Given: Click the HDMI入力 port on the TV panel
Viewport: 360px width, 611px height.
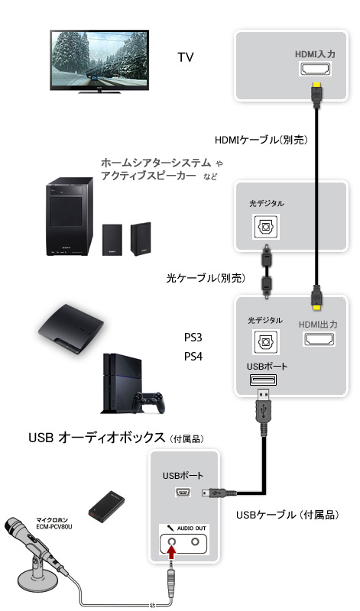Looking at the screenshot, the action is coord(316,70).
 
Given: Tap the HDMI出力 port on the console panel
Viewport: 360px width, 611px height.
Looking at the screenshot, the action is coord(319,339).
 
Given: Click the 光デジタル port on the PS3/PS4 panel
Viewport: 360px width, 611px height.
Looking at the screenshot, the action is coord(267,342).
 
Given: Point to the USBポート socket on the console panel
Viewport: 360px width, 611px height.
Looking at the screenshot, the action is coord(263,380).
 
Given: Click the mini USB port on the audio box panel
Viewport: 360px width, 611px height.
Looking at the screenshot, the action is coord(183,493).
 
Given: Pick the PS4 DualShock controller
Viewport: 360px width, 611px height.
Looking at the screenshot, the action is coord(148,402).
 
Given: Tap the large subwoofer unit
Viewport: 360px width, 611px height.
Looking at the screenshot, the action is coord(70,217).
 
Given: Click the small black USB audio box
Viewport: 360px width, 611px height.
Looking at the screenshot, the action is coord(107,506).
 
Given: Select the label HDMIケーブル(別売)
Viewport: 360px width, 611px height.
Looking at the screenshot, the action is coord(261,140).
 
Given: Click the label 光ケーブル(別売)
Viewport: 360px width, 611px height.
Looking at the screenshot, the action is coord(206,278).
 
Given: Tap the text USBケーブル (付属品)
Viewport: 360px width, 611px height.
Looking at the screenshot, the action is coord(287,515).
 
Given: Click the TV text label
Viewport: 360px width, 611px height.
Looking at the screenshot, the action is coord(186,58).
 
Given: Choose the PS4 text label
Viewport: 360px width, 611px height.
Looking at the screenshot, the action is coord(193,357).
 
